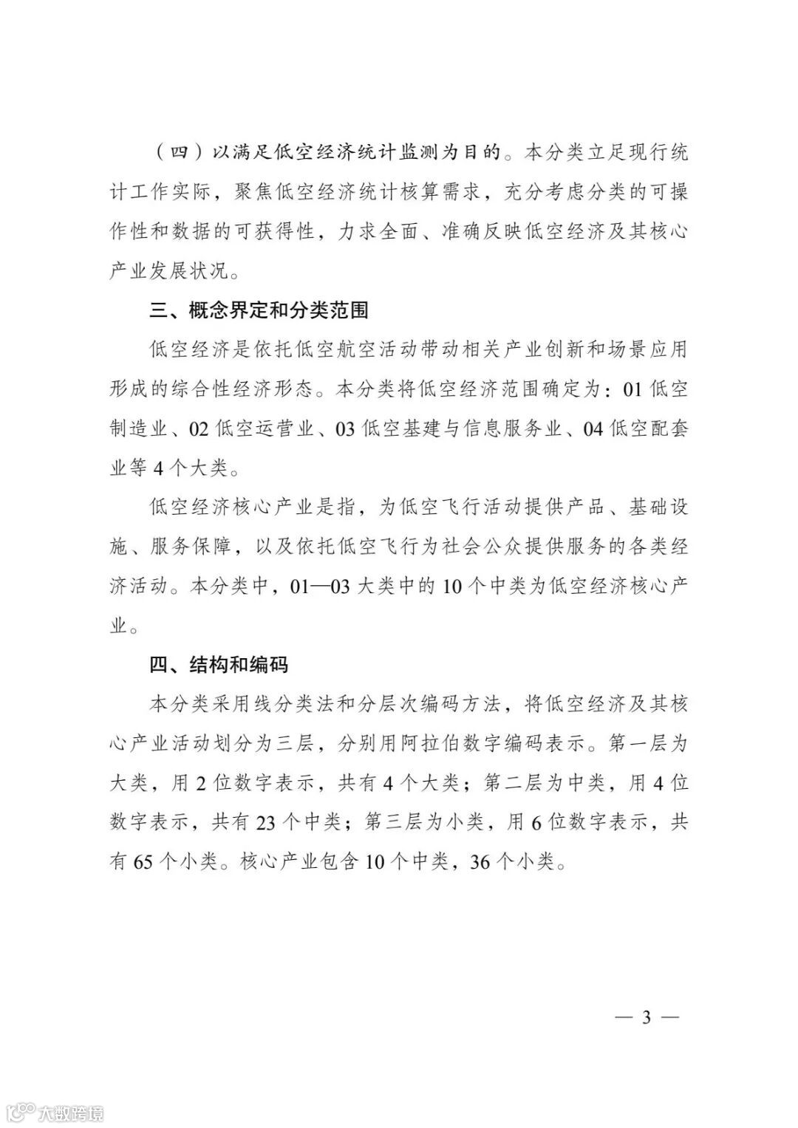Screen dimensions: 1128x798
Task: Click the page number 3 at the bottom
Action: pos(647,1017)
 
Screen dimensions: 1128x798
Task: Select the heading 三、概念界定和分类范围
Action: pos(259,310)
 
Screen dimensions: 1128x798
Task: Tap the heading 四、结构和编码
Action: pos(218,665)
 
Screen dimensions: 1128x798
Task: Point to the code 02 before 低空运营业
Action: pos(199,429)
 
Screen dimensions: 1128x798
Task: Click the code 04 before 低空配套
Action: pos(593,429)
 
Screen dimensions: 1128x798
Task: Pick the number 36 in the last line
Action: pos(480,861)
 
